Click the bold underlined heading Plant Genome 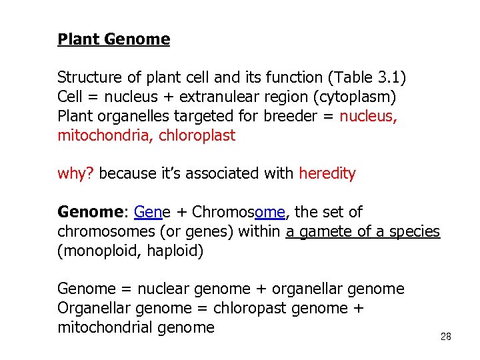point(113,39)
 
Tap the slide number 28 point(446,337)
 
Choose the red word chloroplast point(197,136)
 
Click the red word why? point(77,174)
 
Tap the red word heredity point(327,174)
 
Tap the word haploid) point(174,251)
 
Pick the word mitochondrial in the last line point(105,327)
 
